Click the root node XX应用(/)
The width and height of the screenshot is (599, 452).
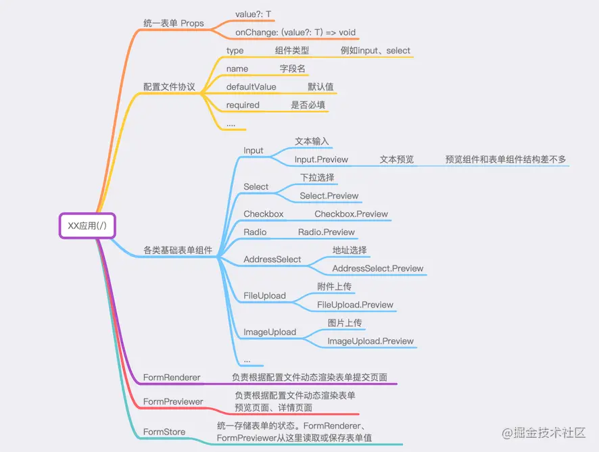click(87, 226)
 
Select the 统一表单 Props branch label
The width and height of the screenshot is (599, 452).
click(172, 23)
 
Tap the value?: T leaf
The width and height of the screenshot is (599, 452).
click(254, 14)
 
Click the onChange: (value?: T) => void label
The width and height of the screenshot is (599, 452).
click(295, 32)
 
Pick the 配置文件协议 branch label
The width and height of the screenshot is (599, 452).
click(169, 87)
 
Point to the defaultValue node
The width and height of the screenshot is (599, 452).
click(251, 87)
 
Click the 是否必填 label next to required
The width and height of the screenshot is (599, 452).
click(310, 105)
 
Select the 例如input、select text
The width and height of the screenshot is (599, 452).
click(375, 51)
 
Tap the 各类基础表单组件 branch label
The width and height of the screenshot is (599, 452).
click(178, 250)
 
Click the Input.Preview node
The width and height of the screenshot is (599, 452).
click(321, 160)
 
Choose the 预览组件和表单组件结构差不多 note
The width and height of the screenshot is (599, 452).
click(506, 160)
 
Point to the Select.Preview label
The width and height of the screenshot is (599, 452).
click(329, 196)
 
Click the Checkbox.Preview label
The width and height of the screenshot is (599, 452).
click(351, 214)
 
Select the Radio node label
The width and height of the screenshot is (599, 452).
click(255, 232)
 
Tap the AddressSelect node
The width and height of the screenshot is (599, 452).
click(272, 259)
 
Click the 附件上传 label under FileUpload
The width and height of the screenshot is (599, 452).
click(335, 286)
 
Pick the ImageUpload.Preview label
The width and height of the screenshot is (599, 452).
click(370, 341)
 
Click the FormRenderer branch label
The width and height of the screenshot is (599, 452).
click(172, 378)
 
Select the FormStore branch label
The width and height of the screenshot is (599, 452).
click(164, 432)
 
